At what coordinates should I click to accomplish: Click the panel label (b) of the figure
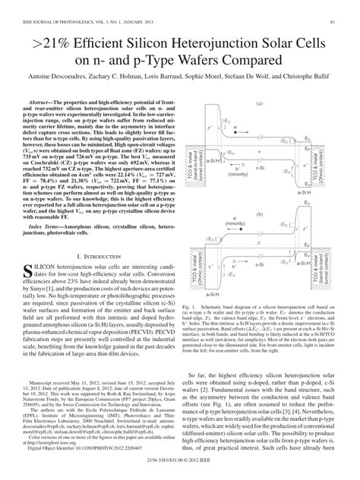(260, 214)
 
